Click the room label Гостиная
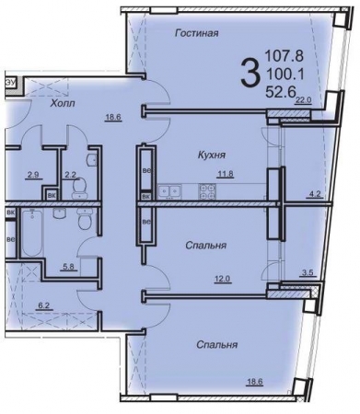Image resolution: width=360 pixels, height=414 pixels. [x=197, y=33]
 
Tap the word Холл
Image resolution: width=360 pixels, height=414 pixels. [x=63, y=103]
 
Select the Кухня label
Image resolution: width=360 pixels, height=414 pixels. [x=211, y=155]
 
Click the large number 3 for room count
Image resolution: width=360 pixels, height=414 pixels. [x=249, y=74]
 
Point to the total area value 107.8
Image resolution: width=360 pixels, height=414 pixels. [x=284, y=56]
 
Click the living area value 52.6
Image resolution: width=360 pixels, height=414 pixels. [x=281, y=91]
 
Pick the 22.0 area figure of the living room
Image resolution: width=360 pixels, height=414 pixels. [x=304, y=99]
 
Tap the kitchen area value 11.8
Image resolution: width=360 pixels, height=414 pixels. [x=226, y=174]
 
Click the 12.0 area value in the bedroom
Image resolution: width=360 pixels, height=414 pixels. [x=222, y=279]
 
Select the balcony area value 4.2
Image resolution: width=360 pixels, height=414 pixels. [x=314, y=194]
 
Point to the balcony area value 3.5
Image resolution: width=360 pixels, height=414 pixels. [x=308, y=272]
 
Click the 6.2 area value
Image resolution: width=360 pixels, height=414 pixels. [x=42, y=305]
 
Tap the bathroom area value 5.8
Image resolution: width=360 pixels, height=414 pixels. [x=68, y=267]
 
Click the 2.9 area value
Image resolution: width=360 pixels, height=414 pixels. [x=33, y=175]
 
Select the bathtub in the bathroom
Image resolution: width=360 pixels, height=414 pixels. [x=32, y=233]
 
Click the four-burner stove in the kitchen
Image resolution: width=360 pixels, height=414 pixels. [x=206, y=190]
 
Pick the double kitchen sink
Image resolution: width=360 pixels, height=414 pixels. [x=169, y=190]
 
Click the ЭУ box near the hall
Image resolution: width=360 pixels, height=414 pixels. [x=10, y=83]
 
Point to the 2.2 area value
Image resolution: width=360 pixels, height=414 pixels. [x=71, y=175]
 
